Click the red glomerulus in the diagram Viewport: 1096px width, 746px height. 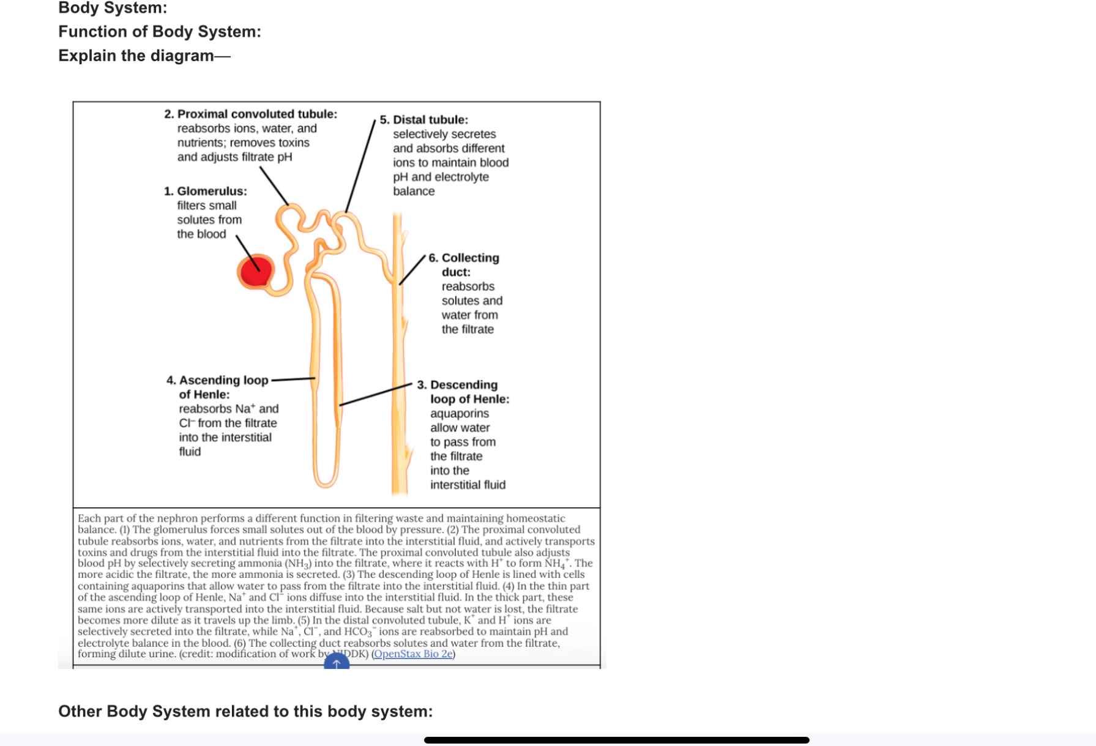[x=255, y=272]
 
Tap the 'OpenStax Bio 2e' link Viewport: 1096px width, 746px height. [x=413, y=654]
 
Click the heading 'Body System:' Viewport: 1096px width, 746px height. [x=113, y=8]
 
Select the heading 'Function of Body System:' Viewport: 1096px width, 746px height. [x=159, y=32]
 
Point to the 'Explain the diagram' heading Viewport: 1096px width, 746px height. [x=136, y=56]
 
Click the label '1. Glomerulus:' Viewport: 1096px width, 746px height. [x=205, y=191]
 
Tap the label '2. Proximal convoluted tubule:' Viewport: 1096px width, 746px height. [x=250, y=114]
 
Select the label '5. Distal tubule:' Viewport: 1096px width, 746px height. [x=423, y=119]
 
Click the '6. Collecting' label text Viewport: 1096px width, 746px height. [x=464, y=258]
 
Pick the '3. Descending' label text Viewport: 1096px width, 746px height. [x=457, y=384]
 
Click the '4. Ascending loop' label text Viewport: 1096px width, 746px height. [x=217, y=380]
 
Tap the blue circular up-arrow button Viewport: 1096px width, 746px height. [x=337, y=662]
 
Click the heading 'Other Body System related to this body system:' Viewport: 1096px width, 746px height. [x=245, y=711]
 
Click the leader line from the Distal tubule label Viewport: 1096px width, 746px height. [x=360, y=166]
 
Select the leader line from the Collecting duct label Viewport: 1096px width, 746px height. [x=412, y=270]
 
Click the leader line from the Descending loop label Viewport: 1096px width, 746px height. [x=376, y=395]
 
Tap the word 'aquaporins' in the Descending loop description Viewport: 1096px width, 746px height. [x=459, y=413]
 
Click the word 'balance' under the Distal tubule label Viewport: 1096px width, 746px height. [x=414, y=191]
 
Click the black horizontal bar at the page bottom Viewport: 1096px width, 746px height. [x=616, y=740]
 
